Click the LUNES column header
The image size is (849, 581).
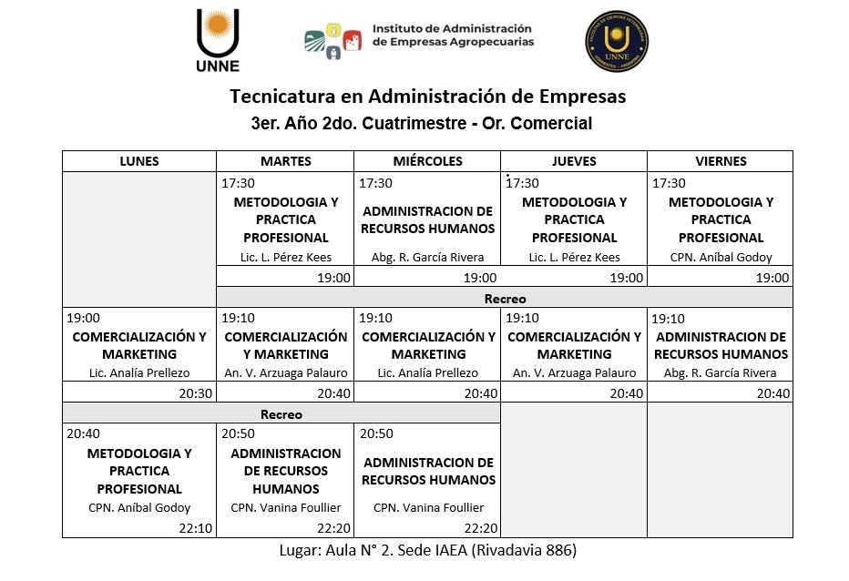coord(139,161)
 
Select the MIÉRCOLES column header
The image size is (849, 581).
coord(428,161)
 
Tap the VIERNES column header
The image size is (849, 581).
coord(720,161)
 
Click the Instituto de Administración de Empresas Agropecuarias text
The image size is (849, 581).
coord(453,36)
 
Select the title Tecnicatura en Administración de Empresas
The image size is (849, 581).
coord(428,96)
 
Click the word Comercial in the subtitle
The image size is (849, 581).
coord(551,123)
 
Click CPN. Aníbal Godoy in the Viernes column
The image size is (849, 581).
coord(720,258)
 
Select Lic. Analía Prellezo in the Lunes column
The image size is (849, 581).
coord(139,373)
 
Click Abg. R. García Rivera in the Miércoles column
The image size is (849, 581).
coord(428,258)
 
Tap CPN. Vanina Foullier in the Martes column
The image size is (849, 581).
coord(286,508)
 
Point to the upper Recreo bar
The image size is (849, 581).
coord(505,299)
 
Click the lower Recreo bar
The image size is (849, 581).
coord(281,414)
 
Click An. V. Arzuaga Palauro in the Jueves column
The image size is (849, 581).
coord(574,373)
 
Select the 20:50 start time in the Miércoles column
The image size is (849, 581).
coord(376,434)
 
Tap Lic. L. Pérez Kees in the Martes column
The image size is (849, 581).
coord(286,258)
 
